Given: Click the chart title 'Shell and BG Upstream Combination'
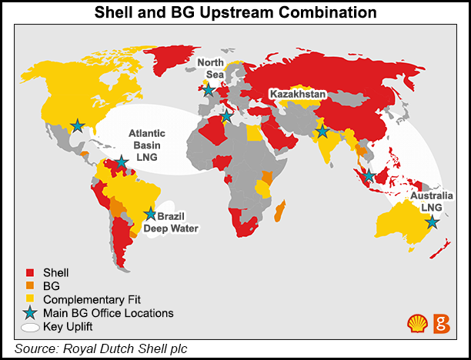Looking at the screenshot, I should [235, 13].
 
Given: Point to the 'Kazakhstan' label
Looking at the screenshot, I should [298, 94].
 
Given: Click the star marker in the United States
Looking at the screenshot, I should [78, 125].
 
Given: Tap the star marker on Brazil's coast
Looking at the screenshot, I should [150, 215].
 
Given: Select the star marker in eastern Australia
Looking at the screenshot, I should [433, 222].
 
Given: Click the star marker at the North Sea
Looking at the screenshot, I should [209, 89].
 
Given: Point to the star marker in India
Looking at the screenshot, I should [322, 133].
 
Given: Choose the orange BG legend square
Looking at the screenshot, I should [30, 286].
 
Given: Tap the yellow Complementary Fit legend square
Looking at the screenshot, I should [30, 299].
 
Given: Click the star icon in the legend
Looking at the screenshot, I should [30, 313].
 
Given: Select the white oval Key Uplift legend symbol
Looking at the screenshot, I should [30, 327].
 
